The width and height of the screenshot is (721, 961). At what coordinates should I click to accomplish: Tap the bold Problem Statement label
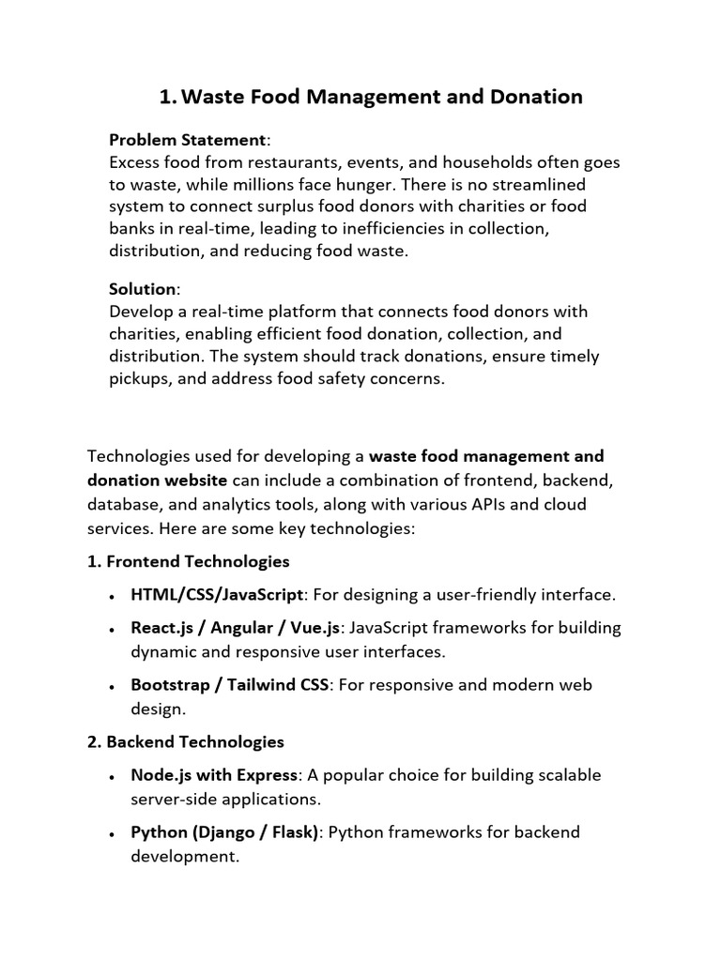pos(188,140)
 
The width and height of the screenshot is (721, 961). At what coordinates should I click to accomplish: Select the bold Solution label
pos(143,289)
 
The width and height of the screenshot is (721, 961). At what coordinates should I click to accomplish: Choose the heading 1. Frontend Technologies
pos(189,561)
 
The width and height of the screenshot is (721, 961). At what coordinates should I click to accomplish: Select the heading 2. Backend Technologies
pos(186,741)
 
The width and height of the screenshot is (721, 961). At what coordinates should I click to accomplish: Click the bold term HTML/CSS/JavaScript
pos(217,595)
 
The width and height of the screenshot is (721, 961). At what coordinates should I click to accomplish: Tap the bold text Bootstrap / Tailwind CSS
pos(230,685)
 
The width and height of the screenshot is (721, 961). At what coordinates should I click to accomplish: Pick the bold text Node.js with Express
pos(214,775)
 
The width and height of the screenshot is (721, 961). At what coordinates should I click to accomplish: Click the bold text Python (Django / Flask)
pos(225,831)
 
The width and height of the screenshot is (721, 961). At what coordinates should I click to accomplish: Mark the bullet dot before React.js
pos(113,629)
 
